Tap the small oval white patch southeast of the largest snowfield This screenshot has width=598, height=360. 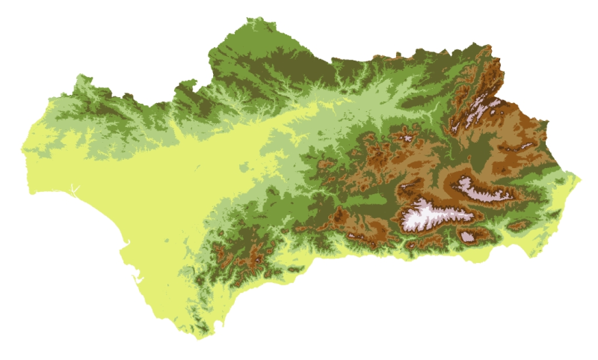pos(467,237)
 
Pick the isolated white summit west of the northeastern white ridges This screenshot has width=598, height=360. pos(407,137)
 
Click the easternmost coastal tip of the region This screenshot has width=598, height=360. pos(580,178)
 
